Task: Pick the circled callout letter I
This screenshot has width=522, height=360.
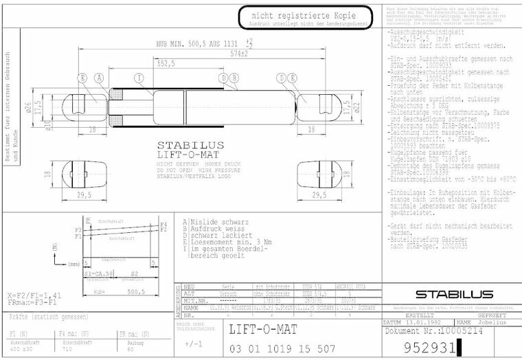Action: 138,78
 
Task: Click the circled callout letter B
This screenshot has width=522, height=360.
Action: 234,78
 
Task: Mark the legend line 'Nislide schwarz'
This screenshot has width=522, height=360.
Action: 212,223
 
